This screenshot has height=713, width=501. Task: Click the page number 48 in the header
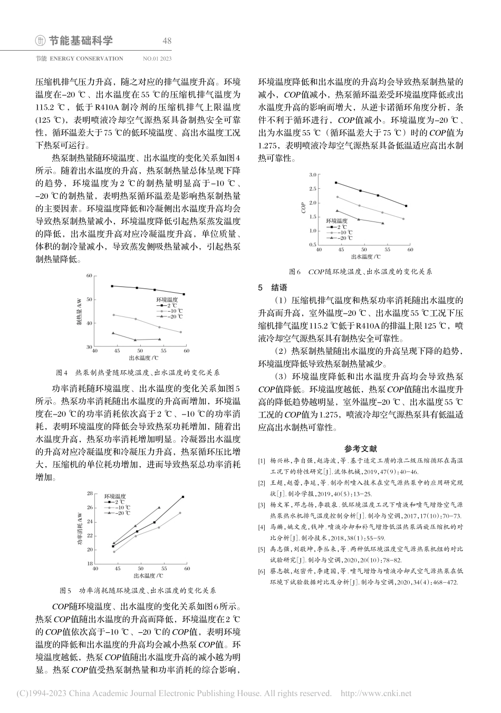click(x=167, y=41)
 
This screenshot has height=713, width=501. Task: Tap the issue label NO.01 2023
click(x=157, y=59)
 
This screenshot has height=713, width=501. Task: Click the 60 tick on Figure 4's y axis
click(x=89, y=276)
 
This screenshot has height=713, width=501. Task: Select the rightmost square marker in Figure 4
click(x=184, y=294)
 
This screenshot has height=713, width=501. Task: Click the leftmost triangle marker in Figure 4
click(x=113, y=333)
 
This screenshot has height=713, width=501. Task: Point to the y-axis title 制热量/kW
click(x=79, y=311)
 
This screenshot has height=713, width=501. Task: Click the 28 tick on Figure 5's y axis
click(x=90, y=493)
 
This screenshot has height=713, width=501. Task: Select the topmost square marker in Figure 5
click(x=183, y=497)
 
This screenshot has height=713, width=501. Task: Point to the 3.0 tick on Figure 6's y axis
click(x=312, y=174)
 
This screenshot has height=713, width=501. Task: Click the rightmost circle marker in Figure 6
click(x=403, y=219)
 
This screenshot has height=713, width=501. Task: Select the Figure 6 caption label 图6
click(x=295, y=272)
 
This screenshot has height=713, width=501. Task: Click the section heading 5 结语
click(x=272, y=288)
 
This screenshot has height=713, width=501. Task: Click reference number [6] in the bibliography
click(x=262, y=571)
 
